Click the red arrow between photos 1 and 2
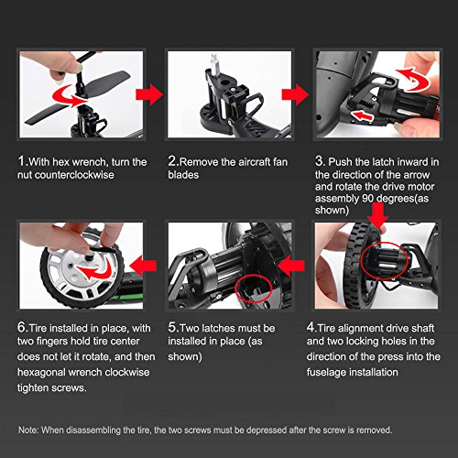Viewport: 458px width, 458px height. point(149,94)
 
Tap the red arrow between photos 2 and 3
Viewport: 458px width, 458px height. point(295,94)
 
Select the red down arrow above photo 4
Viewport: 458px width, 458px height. point(377,215)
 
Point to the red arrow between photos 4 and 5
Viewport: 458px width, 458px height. point(291,266)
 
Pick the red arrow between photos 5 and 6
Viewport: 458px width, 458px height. point(143,266)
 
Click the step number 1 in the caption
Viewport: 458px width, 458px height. point(22,161)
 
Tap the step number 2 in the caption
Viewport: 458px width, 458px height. point(172,161)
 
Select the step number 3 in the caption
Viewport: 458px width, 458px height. point(320,161)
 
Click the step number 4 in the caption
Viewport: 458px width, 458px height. point(311,327)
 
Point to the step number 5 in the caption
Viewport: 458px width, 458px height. point(172,327)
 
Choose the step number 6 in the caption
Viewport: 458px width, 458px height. point(22,327)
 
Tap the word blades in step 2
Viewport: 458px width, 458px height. point(183,175)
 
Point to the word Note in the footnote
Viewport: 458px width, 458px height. point(27,431)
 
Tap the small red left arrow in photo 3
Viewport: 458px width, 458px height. point(363,116)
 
